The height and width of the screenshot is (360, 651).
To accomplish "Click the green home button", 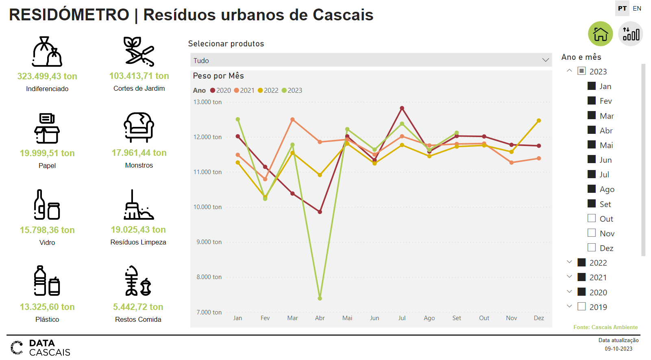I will point(600,34).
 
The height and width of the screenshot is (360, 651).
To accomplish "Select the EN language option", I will point(637,8).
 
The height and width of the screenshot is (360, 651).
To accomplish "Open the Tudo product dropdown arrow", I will point(545,60).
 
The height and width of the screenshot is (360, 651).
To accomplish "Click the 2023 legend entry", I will point(292,90).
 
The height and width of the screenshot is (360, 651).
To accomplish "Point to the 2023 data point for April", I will point(320,298).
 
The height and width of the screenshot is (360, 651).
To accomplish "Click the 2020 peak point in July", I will point(402,108).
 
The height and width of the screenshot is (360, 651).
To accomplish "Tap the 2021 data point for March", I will point(292,120).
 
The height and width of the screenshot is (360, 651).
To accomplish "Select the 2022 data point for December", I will point(539,120).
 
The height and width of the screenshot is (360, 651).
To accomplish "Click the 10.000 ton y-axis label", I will point(207,207).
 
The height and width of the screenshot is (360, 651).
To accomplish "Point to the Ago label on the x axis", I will point(429,318).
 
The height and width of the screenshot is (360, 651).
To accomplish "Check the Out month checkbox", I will point(592,218).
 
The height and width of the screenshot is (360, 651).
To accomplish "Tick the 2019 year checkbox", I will point(581,306).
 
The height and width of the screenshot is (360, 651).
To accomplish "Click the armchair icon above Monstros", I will point(139,127).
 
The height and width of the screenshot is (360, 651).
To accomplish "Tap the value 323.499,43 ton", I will point(47,76).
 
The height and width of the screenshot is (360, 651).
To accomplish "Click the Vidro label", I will point(47,242).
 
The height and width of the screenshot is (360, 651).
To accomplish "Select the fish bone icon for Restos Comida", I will point(138,281).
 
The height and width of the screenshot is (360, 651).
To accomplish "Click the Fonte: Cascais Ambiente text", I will point(605,327).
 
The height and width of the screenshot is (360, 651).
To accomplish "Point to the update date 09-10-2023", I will point(618,349).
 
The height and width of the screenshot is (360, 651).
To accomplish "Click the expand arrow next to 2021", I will point(569,277).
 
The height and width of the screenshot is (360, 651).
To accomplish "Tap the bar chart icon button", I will point(630,34).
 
